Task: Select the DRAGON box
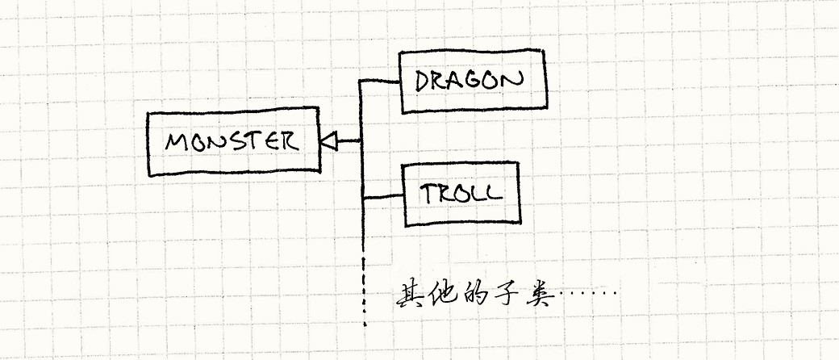pos(473,81)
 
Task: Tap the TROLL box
pos(461,195)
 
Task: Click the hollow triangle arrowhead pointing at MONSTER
pos(328,142)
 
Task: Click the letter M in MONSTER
pos(177,143)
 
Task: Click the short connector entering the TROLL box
pos(382,196)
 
